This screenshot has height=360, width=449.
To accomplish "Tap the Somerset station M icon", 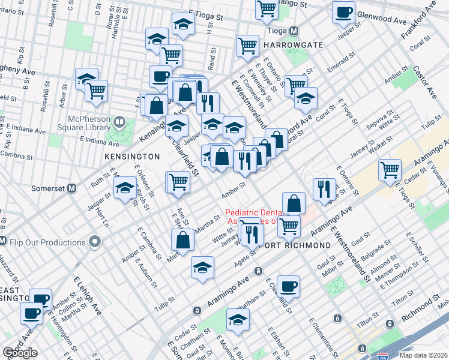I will coord(72,188).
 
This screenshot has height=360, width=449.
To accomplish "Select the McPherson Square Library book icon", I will coord(119,124).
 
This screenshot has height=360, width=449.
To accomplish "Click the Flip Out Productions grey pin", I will coord(94,242).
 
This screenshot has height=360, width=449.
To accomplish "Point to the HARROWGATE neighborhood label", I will coord(291,45).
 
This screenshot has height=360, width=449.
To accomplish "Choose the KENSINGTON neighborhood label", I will coord(133,156).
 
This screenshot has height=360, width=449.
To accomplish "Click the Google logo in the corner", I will coord(20,353).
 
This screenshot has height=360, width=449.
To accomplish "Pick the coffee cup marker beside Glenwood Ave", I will coord(343,13).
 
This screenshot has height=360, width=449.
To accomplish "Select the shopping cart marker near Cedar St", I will coord(390,170).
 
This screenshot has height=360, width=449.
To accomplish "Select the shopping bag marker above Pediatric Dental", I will coord(294,203).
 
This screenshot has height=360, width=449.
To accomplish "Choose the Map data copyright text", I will coord(423,355).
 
